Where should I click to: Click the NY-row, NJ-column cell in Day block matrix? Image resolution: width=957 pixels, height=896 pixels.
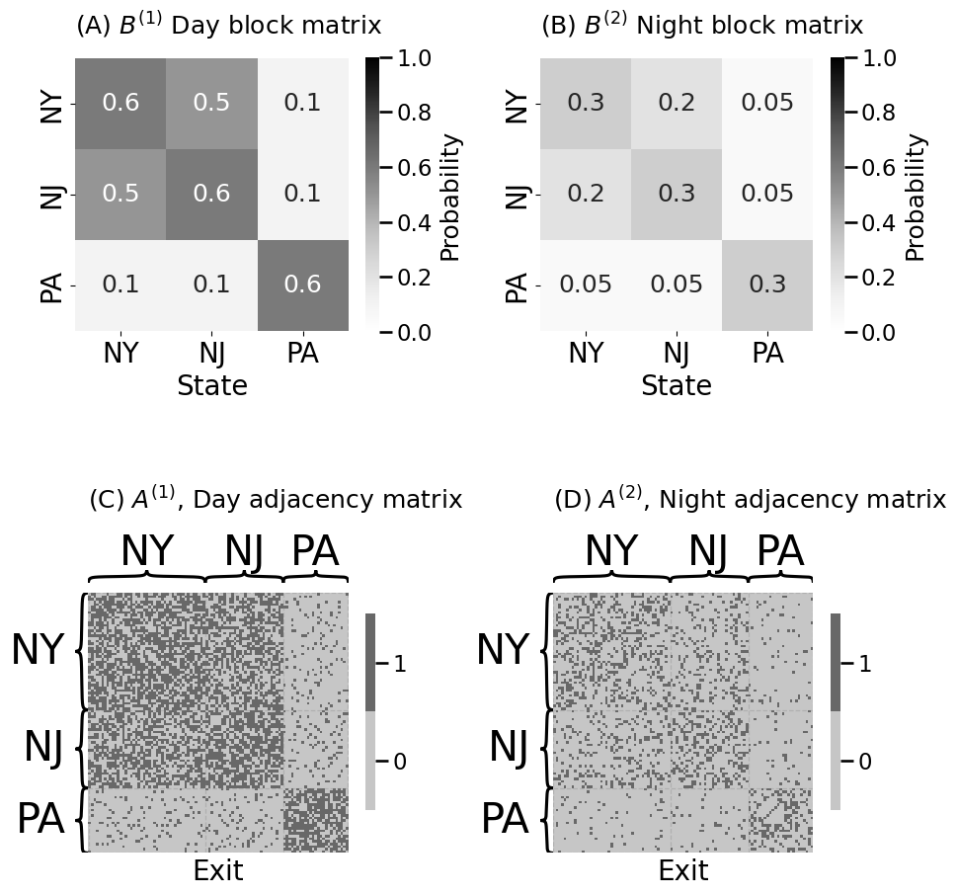[x=211, y=104]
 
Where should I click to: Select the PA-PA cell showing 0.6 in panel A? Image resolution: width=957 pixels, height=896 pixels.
[x=302, y=285]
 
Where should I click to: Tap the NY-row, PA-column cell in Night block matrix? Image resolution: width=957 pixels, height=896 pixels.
[x=767, y=104]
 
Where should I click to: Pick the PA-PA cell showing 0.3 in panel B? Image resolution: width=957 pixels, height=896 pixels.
[x=767, y=285]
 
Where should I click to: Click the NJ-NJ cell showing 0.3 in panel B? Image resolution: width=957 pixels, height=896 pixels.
[x=677, y=195]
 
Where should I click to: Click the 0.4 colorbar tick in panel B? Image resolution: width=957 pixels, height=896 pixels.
[x=878, y=222]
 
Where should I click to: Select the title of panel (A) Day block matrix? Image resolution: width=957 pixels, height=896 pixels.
[x=228, y=26]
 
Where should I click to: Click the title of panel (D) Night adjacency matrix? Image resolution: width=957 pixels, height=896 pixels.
[x=750, y=500]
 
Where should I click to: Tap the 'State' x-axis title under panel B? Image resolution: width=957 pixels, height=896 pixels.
[x=677, y=386]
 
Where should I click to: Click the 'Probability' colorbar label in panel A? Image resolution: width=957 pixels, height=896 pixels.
[x=450, y=198]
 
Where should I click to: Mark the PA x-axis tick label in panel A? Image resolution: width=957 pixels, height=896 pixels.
[x=302, y=353]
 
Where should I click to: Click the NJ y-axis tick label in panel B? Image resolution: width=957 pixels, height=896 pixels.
[x=517, y=195]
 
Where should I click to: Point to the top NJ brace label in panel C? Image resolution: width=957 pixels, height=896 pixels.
[x=244, y=552]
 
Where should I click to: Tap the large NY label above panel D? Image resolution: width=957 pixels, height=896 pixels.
[x=611, y=552]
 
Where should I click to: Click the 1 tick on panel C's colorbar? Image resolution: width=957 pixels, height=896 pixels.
[x=399, y=665]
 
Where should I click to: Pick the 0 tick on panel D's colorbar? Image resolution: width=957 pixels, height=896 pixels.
[x=864, y=762]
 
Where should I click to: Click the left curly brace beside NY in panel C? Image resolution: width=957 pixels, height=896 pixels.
[x=82, y=651]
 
